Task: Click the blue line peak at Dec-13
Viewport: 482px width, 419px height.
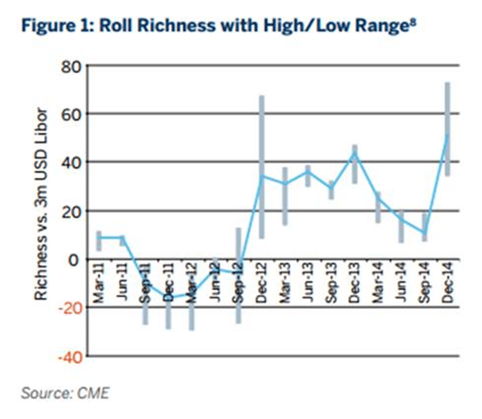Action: (355, 153)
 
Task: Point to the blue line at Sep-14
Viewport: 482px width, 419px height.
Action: (424, 232)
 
